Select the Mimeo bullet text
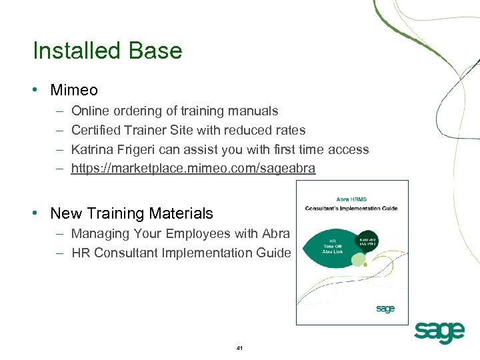tap(74, 90)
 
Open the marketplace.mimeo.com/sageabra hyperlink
tap(193, 169)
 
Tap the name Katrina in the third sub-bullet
tap(94, 149)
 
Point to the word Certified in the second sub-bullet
tap(96, 130)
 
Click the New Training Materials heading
tap(131, 213)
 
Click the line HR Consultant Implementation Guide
tap(181, 253)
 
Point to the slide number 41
tap(240, 348)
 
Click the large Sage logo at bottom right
tap(438, 331)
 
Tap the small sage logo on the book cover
tap(385, 309)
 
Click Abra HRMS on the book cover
tap(352, 198)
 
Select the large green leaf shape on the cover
tap(330, 246)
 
